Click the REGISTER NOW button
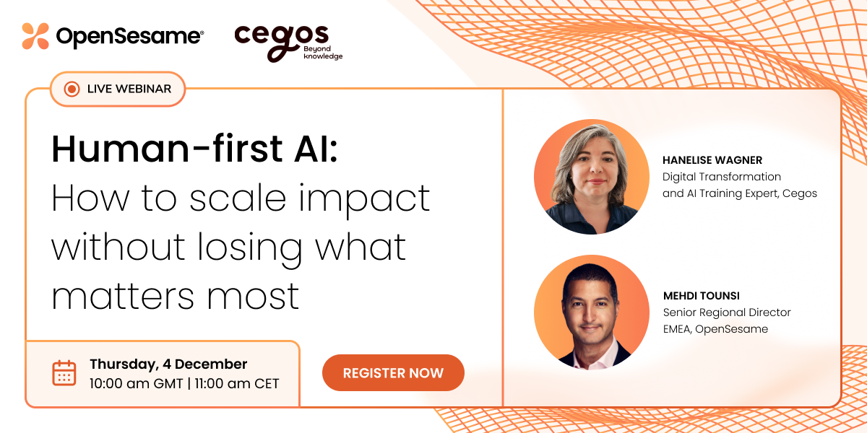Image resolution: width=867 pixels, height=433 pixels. [x=393, y=373]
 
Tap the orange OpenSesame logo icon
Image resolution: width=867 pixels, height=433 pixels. [x=35, y=36]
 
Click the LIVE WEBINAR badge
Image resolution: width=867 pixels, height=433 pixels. [x=118, y=89]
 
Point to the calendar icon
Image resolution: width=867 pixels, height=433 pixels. [x=64, y=373]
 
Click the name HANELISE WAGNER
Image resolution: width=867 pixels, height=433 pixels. [x=712, y=160]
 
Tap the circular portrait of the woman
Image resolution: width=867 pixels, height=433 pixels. [x=591, y=177]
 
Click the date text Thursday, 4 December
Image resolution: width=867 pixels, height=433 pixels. [x=168, y=364]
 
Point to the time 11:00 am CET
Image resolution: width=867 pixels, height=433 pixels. [x=237, y=383]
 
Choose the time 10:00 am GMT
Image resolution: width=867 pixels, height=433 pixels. [x=135, y=383]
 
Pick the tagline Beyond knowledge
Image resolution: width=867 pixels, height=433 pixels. [x=323, y=52]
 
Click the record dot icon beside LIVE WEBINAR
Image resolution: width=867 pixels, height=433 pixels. [x=72, y=89]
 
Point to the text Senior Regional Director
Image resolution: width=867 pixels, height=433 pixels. [x=727, y=312]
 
